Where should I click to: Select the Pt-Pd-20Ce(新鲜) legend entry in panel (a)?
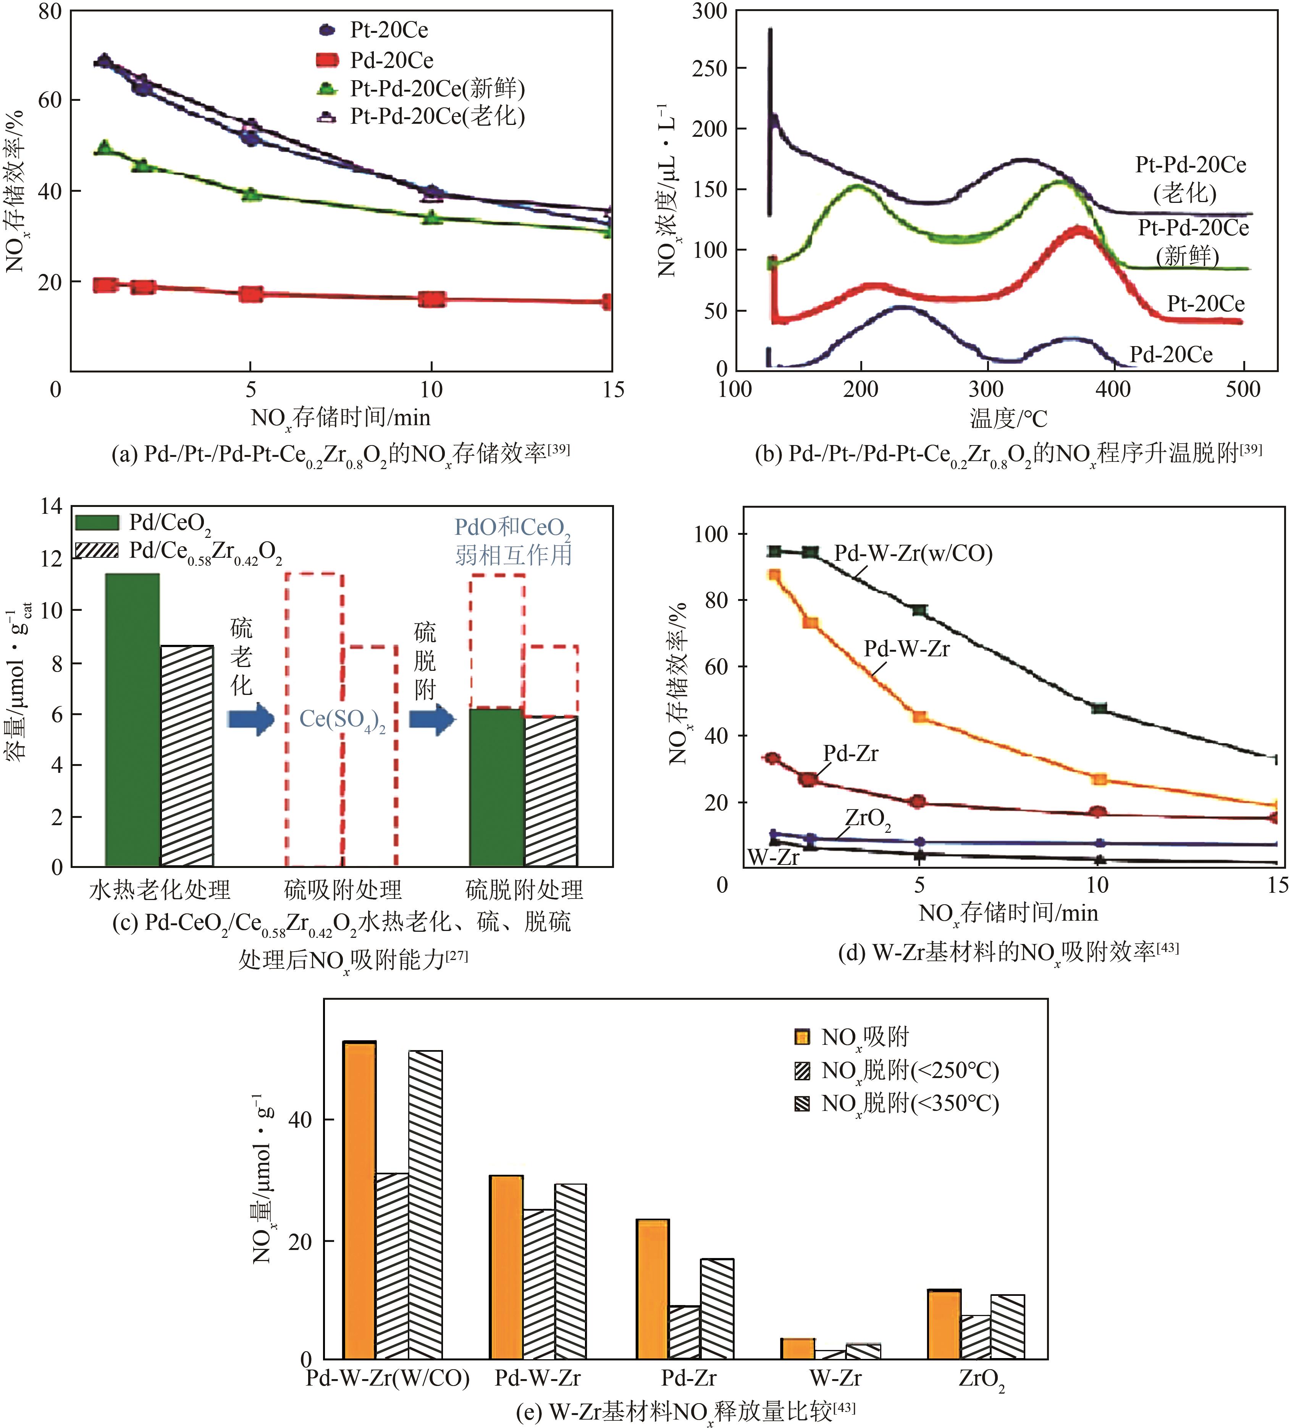[437, 89]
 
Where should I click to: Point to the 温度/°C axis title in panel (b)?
[1008, 419]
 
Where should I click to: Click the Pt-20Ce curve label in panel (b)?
[1205, 304]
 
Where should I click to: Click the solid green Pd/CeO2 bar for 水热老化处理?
[132, 719]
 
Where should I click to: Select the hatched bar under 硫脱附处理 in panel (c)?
[551, 791]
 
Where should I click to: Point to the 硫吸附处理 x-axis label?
[343, 890]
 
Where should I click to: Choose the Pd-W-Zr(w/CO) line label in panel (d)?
[913, 553]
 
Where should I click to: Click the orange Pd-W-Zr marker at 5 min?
[919, 716]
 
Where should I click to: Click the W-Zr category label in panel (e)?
[835, 1378]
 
